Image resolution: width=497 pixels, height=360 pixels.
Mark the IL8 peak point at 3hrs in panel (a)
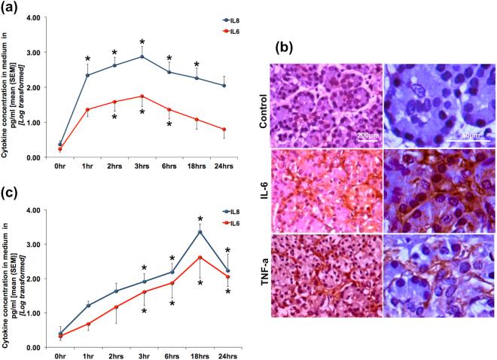142,56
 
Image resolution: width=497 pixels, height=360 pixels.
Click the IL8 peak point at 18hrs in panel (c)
200,232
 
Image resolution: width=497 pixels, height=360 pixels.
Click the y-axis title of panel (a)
14,87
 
